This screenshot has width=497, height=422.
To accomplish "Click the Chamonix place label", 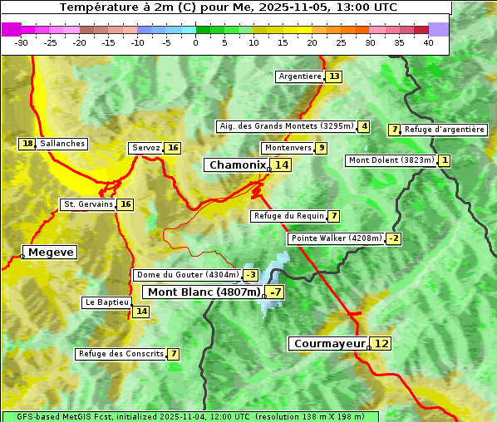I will click(237, 165).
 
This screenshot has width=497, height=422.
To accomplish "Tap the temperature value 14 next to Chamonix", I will click(283, 165).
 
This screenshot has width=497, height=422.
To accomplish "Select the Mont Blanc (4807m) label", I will click(204, 292).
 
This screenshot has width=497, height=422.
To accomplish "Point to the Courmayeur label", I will click(329, 343).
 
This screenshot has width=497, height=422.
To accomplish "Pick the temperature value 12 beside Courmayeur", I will click(381, 343).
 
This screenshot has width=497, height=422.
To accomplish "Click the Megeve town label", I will click(51, 252).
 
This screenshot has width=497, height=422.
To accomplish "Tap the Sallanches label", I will click(62, 144).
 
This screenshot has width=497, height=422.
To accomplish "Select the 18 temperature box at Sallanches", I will click(27, 144).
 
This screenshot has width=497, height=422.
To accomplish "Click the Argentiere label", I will click(300, 76).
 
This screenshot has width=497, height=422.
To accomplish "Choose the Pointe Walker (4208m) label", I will click(337, 238).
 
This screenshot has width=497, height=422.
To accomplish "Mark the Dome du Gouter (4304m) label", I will click(187, 275).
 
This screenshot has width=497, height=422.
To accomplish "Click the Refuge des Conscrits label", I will click(121, 354).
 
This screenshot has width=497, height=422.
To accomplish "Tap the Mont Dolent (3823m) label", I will click(391, 160).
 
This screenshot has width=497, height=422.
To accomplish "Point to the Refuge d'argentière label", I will click(445, 130).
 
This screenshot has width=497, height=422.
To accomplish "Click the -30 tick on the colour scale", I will click(22, 42).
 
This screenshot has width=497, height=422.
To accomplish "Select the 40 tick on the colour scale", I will click(428, 42).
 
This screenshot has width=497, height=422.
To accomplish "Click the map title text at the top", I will click(229, 7).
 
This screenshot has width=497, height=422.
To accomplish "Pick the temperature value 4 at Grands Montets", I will click(364, 126).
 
